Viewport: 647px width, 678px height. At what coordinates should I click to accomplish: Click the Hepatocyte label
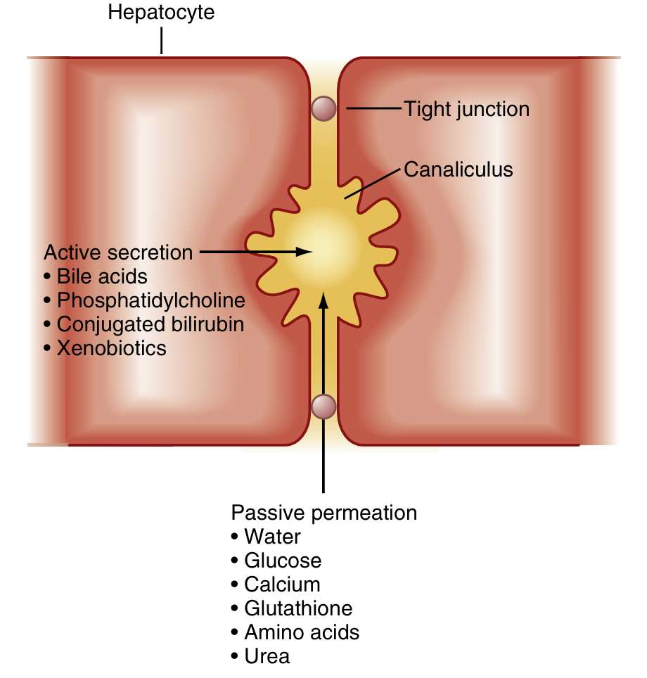point(161,13)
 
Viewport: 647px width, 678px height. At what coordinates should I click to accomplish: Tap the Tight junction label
point(466,109)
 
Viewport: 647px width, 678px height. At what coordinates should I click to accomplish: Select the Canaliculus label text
point(458,169)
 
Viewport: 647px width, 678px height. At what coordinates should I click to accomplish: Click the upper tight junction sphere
point(323,108)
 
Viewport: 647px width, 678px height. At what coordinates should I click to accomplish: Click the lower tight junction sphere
point(323,406)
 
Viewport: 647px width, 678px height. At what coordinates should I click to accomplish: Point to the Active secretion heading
point(118,252)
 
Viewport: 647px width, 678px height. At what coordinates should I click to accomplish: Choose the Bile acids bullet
point(102,276)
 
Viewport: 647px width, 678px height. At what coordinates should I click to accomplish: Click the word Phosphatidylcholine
point(151,300)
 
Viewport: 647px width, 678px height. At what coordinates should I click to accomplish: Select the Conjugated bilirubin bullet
point(150,324)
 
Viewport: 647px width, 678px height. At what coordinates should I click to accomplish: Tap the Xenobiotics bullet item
point(112,347)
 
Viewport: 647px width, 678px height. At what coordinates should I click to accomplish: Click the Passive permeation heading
point(324,513)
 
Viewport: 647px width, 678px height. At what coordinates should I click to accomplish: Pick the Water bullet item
point(272,537)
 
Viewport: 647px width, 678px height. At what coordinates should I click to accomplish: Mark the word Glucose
point(283,561)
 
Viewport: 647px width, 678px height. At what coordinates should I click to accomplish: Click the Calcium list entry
point(282,584)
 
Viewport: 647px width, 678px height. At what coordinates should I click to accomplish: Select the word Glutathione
point(298,608)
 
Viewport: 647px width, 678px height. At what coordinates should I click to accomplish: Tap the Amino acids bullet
point(302,632)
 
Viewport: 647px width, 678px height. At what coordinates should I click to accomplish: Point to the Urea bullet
point(267,656)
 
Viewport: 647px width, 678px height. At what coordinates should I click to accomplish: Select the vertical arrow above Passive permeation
point(323,394)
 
